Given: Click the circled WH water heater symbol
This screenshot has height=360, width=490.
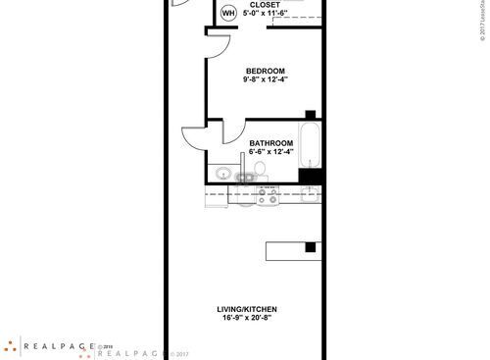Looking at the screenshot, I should point(228,13).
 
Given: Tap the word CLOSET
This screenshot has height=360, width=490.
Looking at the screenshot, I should point(265,5).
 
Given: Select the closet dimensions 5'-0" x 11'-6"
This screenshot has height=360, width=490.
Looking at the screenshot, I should point(265,15).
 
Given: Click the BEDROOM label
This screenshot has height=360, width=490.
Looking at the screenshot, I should point(265,70).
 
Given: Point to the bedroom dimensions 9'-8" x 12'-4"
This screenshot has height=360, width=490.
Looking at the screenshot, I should point(265,79).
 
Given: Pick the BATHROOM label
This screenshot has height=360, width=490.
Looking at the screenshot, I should point(271,141).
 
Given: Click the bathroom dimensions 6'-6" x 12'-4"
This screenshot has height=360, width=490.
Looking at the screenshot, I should point(271,151).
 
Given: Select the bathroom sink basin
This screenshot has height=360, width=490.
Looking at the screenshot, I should point(223,175).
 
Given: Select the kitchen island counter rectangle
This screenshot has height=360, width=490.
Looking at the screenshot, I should point(292,249).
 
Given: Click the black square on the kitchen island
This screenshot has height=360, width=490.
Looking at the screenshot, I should point(310,247).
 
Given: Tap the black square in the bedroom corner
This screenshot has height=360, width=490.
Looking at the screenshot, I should point(310,115).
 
